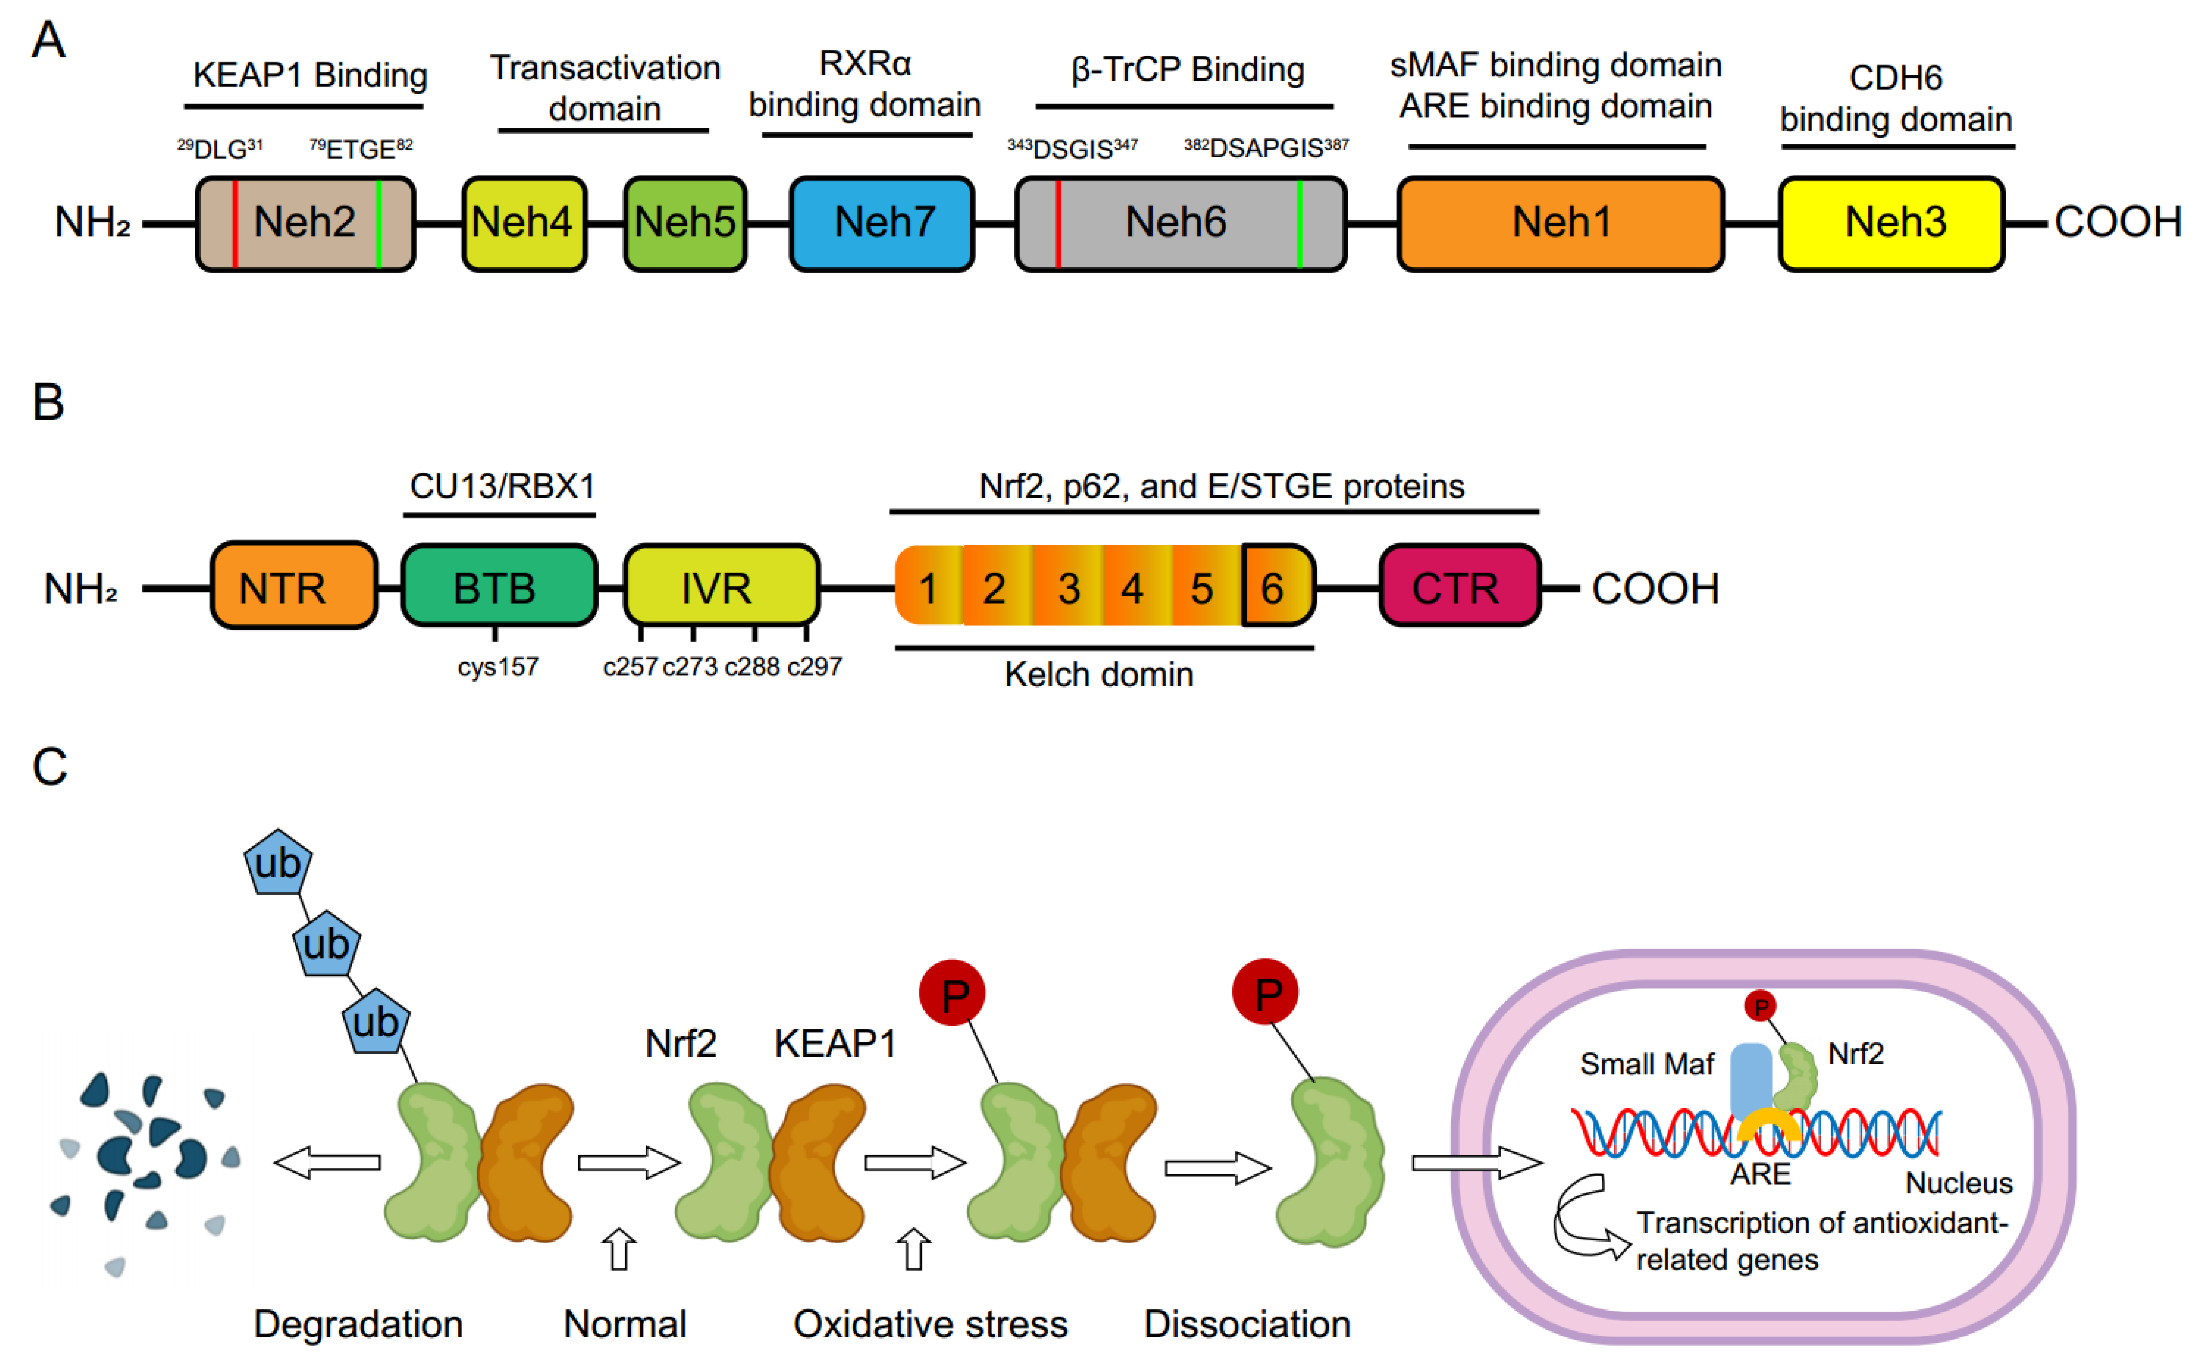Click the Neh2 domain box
[x=305, y=223]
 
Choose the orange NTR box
[x=293, y=585]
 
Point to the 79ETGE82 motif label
[x=361, y=148]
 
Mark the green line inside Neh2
[x=378, y=223]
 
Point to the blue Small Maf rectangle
[x=1750, y=1081]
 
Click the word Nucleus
[x=1959, y=1183]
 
